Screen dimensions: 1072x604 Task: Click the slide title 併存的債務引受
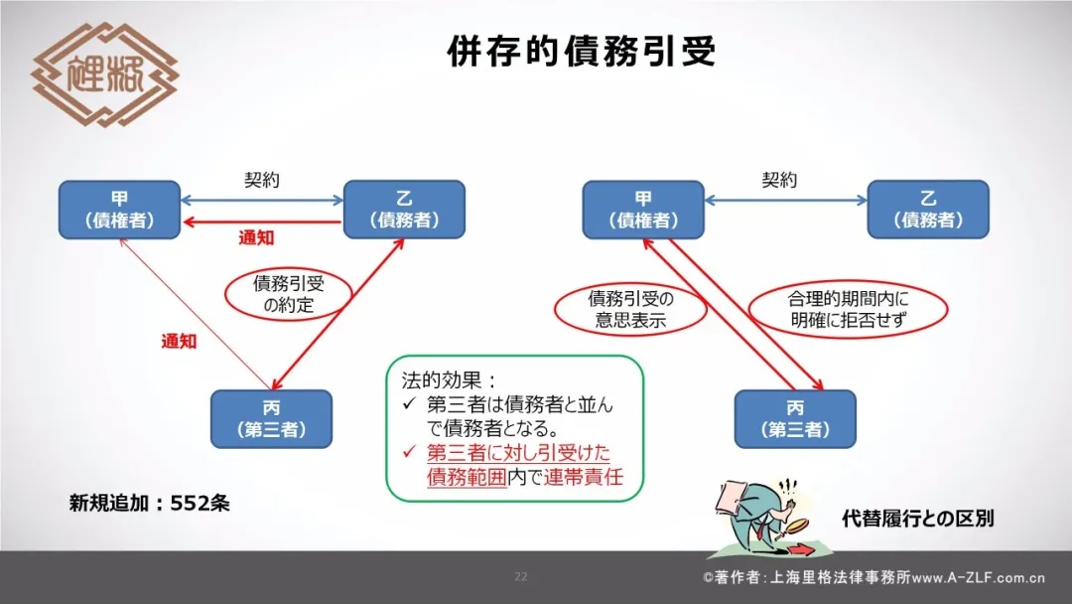582,52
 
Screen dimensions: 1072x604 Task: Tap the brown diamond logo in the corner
104,75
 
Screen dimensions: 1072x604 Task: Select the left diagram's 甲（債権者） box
120,210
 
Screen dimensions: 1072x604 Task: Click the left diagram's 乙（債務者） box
404,210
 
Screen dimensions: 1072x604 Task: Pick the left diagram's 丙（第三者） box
271,419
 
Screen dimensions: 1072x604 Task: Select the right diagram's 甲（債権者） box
643,210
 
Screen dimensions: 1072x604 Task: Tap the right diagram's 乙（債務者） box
928,210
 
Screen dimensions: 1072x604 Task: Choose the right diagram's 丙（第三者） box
795,419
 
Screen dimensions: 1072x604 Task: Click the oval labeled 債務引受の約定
289,293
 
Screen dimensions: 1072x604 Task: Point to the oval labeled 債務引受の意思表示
630,309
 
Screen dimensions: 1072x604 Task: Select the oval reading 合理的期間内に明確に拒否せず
848,309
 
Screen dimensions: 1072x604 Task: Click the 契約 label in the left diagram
262,180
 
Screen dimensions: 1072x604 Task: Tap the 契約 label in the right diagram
779,180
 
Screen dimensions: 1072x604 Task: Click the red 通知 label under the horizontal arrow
256,238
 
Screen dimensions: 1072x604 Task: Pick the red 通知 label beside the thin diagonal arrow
179,342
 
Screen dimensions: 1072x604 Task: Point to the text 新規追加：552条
150,504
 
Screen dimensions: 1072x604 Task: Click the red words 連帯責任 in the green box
584,477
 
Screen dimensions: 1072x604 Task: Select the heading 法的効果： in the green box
449,380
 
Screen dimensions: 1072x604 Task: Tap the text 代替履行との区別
918,519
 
